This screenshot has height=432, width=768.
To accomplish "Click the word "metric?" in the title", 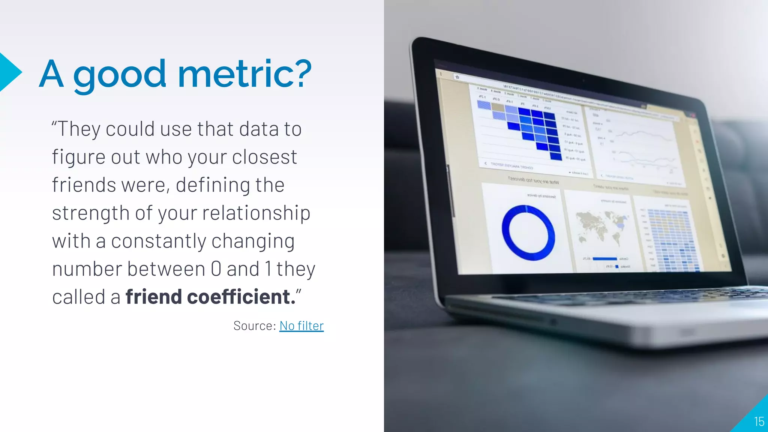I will coord(244,73).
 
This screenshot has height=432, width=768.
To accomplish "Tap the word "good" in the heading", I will coord(119,75).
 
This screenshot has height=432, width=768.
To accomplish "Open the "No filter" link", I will coord(301,326).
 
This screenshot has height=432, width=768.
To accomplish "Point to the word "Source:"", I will coord(255,326).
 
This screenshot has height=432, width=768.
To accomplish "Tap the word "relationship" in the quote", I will coord(256,213).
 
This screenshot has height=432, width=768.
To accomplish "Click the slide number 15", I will coord(759,421).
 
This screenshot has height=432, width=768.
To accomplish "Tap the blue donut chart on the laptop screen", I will coord(528,233).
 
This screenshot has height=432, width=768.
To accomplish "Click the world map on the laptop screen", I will coord(602,226).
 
